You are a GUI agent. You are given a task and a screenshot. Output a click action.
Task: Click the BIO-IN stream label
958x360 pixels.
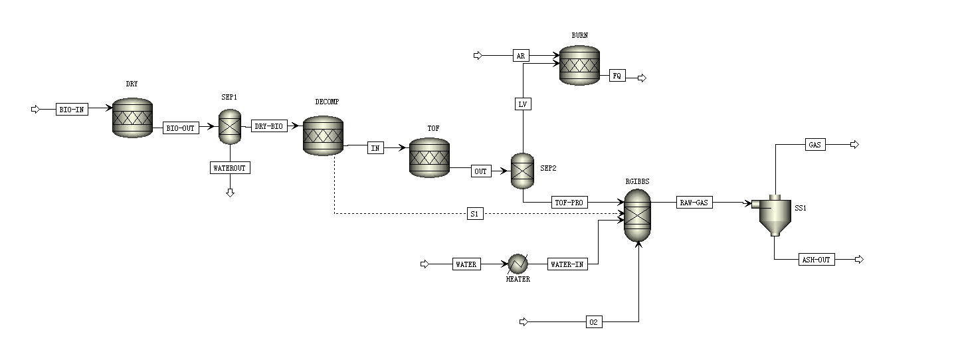(72, 110)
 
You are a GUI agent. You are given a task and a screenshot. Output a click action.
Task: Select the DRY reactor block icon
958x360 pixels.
(132, 118)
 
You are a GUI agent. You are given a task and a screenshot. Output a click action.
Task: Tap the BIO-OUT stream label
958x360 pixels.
(181, 128)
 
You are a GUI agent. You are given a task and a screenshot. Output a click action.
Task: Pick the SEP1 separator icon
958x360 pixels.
(230, 126)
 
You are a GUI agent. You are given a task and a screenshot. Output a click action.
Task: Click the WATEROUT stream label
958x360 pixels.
(230, 168)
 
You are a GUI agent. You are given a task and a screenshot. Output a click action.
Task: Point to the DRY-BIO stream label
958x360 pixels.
(269, 126)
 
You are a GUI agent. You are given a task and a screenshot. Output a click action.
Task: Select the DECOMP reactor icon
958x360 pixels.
(323, 136)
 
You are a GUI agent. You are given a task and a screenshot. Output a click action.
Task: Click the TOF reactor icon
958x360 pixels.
(429, 157)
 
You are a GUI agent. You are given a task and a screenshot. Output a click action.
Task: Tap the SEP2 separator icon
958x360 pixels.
(522, 171)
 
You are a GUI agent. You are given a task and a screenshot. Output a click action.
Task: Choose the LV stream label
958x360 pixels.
(523, 104)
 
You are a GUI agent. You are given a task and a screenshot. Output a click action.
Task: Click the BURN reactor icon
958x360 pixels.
(579, 65)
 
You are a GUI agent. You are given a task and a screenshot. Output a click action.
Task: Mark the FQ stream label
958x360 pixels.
(617, 76)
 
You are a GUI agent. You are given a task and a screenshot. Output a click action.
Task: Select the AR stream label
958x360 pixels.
(521, 56)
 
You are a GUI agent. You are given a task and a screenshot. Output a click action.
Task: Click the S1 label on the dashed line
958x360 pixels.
(474, 214)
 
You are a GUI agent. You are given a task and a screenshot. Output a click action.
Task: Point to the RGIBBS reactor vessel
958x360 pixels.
(638, 216)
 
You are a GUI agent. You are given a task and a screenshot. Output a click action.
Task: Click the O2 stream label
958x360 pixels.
(594, 322)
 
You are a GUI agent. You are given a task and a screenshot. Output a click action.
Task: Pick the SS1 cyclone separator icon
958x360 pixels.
(774, 215)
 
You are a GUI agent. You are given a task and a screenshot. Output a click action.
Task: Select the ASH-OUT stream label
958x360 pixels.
(816, 260)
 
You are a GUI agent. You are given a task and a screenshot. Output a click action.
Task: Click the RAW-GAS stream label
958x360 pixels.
(694, 203)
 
